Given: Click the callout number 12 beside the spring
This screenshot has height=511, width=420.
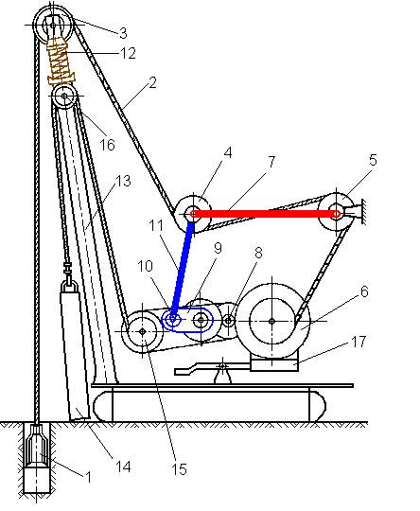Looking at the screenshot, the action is click(128, 53).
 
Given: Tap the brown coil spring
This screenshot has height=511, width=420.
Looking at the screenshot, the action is click(61, 61).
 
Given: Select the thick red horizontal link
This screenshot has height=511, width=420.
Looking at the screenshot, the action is click(266, 214).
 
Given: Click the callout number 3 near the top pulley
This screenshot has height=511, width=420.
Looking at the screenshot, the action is click(123, 33).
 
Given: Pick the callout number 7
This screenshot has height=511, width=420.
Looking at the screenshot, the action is click(271, 162).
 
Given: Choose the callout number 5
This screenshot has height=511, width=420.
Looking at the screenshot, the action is click(373, 160).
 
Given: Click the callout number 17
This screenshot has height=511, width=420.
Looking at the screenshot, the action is click(359, 342).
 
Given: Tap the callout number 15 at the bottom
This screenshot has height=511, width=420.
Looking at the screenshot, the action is click(179, 469).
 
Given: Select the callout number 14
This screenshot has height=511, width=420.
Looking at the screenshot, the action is click(124, 467).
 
